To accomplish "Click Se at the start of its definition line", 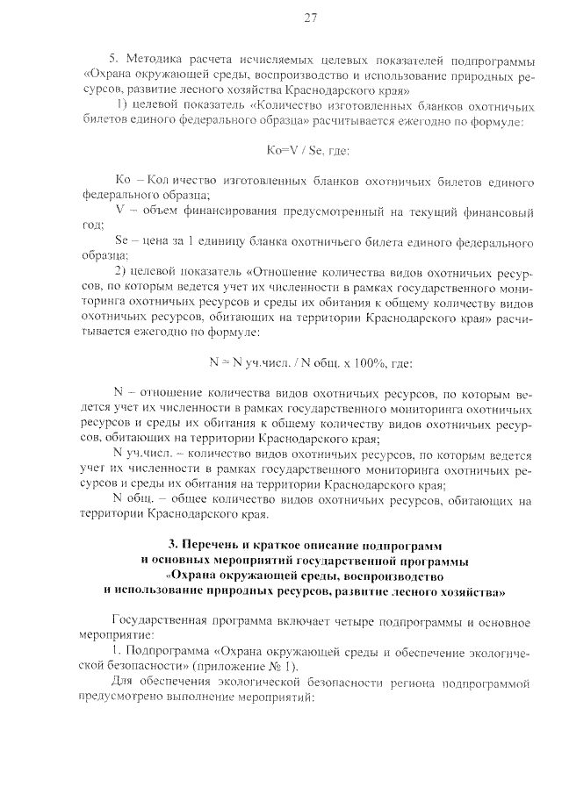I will click(x=122, y=241).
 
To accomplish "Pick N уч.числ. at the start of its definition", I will click(x=140, y=454).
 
